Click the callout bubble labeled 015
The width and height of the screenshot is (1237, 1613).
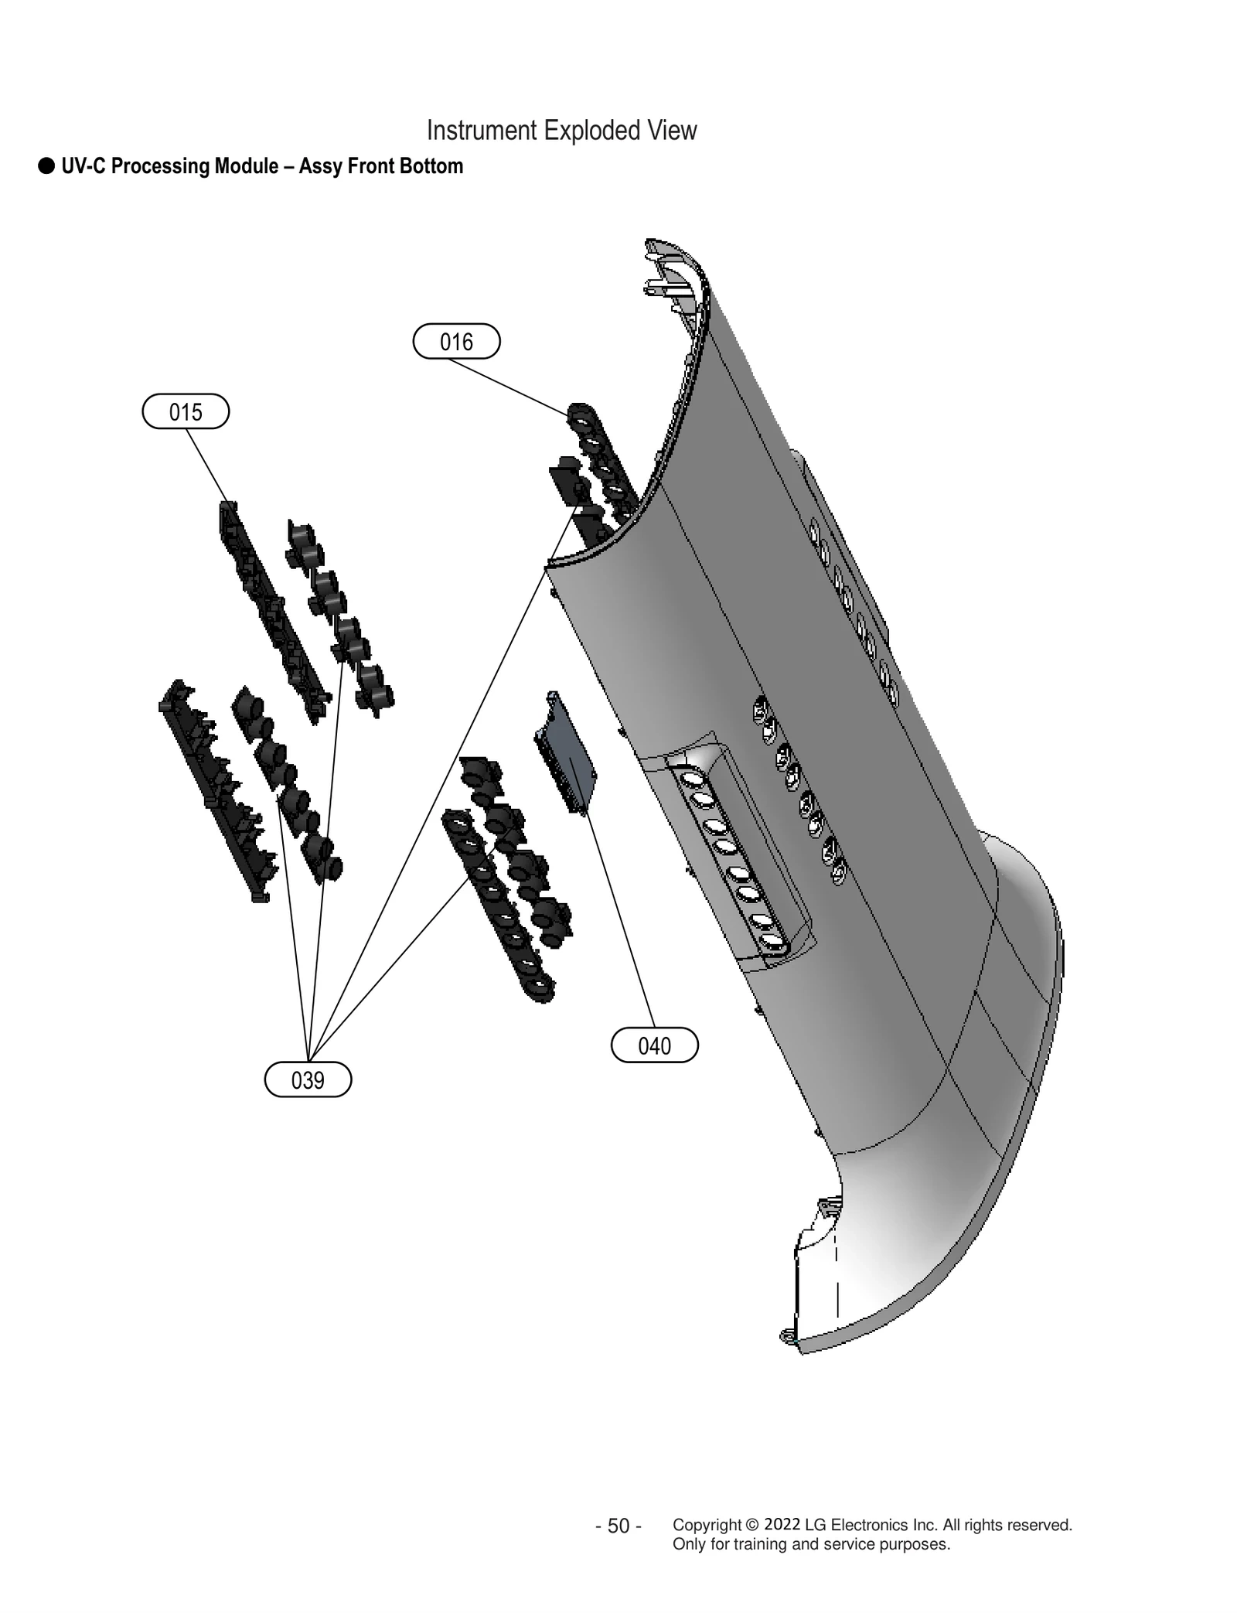coord(186,411)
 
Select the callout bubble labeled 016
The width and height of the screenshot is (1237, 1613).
coord(456,341)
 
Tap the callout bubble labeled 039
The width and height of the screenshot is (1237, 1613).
coord(308,1080)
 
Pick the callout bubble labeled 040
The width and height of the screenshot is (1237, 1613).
coord(654,1046)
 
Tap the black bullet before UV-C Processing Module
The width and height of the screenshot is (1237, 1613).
coord(46,165)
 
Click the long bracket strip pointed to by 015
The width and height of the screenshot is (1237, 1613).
coord(271,611)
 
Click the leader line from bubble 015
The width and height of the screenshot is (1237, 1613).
coord(206,464)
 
